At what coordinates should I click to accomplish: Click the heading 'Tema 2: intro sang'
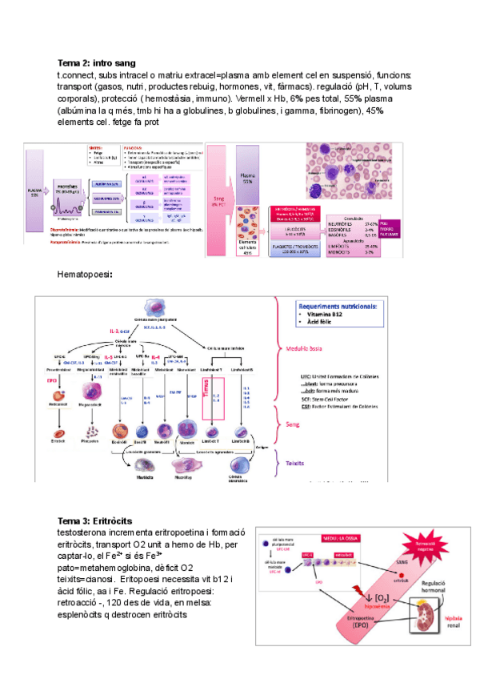click(96, 62)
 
